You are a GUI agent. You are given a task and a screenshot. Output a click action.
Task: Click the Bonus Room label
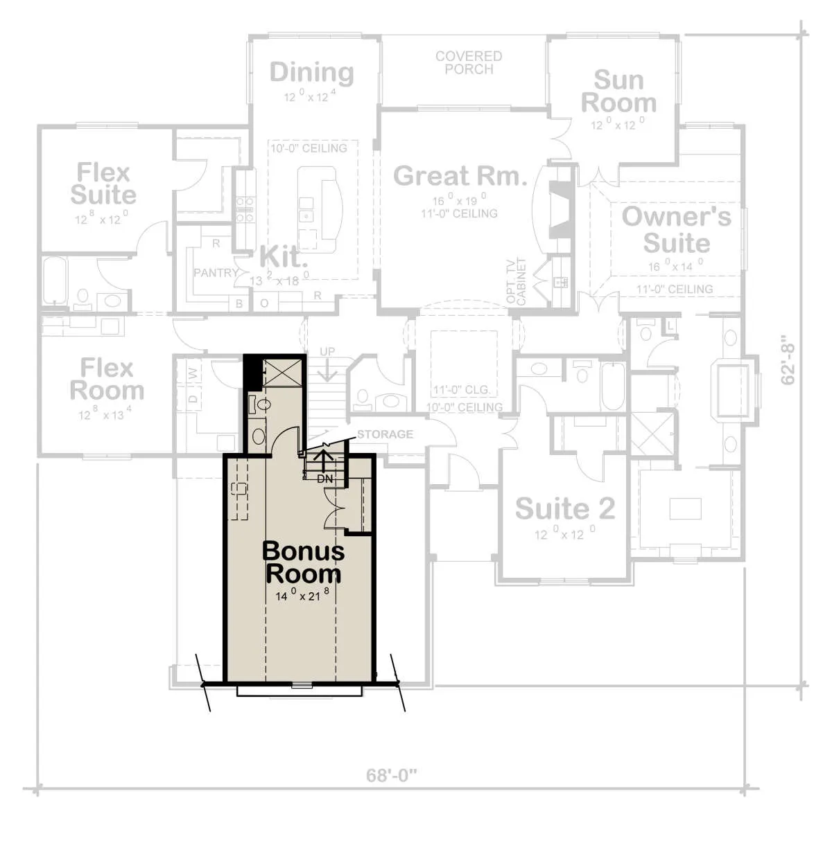coord(303,562)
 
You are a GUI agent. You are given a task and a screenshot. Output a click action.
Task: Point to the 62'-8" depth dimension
coord(788,360)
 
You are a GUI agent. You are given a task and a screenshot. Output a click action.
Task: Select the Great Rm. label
coord(460,175)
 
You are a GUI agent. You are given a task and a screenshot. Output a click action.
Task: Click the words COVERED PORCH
coord(469,62)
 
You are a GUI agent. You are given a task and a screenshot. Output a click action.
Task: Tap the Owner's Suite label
coord(677,229)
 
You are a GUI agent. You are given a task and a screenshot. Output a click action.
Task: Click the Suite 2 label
coord(565,508)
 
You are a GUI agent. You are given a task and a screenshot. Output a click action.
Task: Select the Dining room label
coord(311,72)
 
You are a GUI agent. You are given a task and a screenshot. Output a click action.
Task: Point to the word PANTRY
coord(216,273)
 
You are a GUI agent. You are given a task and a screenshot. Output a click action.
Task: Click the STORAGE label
coord(385,434)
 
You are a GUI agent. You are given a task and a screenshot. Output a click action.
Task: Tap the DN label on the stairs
coord(324,479)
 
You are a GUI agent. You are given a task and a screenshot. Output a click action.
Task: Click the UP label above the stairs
coord(327,352)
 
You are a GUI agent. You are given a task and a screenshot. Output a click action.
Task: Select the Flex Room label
coord(107,379)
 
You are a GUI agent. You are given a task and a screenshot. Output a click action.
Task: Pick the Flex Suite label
coord(103,184)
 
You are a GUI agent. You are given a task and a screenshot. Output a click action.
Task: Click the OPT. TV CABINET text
coord(516,281)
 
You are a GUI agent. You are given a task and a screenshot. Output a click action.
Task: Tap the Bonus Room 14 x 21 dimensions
coord(302,595)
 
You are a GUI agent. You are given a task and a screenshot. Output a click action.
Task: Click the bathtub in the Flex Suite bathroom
coord(55,281)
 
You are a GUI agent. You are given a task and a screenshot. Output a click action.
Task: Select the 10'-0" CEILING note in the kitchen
coord(309,148)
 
